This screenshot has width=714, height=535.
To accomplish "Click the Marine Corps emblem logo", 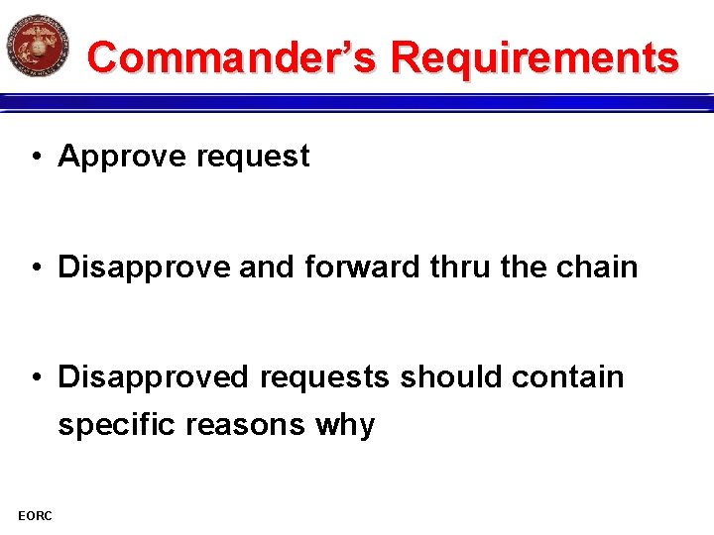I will coord(38,45).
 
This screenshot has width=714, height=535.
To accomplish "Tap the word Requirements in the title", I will coord(535,57).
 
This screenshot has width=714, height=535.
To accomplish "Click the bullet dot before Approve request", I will coord(35,157).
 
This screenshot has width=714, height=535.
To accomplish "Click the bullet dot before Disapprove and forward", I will coord(35,267).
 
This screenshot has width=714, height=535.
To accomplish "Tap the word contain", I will coord(570,377).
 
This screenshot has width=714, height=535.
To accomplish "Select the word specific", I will coord(118,426).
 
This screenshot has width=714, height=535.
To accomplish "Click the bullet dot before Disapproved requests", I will coord(35,377).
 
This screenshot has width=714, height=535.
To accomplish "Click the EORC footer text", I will coord(35,514).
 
